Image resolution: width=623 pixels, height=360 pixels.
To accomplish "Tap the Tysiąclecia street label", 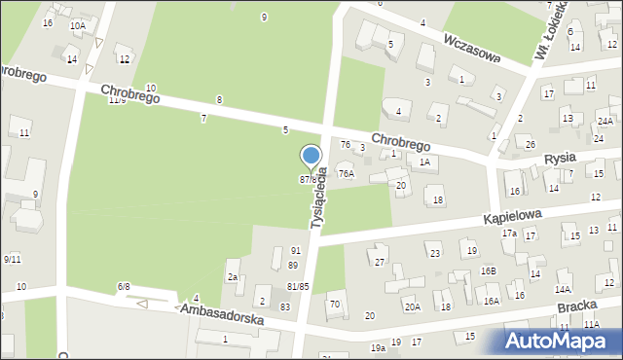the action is pyautogui.click(x=319, y=198).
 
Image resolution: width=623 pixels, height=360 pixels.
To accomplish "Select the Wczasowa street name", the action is pyautogui.click(x=471, y=47).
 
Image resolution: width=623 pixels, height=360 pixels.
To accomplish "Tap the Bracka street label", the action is pyautogui.click(x=577, y=306).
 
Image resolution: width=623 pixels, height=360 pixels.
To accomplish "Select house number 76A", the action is pyautogui.click(x=346, y=173).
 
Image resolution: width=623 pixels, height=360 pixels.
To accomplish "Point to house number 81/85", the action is pyautogui.click(x=298, y=286).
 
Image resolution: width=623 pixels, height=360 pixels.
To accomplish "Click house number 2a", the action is pyautogui.click(x=234, y=277).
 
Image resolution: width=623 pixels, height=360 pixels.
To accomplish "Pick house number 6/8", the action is pyautogui.click(x=124, y=286).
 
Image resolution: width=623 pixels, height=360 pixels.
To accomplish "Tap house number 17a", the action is pyautogui.click(x=509, y=234).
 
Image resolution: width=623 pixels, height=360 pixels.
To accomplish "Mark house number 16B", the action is pyautogui.click(x=487, y=270).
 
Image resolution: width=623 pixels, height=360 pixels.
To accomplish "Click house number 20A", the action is pyautogui.click(x=413, y=307).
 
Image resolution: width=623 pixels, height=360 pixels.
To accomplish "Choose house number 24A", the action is pyautogui.click(x=605, y=122).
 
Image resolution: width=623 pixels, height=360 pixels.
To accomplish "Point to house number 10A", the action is pyautogui.click(x=77, y=25).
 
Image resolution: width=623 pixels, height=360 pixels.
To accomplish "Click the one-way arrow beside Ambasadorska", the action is pyautogui.click(x=142, y=304).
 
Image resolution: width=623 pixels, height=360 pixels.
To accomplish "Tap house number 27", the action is pyautogui.click(x=380, y=263).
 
